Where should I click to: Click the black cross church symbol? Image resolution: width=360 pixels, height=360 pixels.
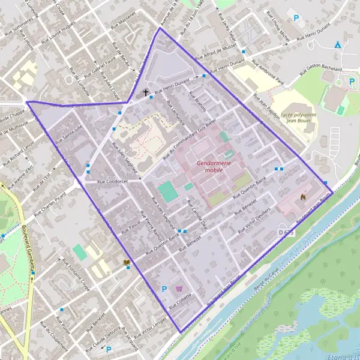click(x=145, y=93)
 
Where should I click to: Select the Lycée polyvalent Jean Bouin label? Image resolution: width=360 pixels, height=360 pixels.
click(x=293, y=117)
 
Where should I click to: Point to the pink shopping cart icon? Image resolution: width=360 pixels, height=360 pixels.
click(x=179, y=289)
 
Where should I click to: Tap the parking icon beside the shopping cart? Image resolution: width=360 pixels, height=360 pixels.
click(x=164, y=289)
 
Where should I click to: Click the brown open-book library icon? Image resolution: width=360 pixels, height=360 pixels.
click(x=126, y=263)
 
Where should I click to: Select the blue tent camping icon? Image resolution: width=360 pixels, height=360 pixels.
click(x=337, y=45)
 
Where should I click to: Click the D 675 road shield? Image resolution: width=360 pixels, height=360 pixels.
click(x=286, y=231)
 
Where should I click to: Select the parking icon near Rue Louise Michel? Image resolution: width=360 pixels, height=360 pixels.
click(x=295, y=19)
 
